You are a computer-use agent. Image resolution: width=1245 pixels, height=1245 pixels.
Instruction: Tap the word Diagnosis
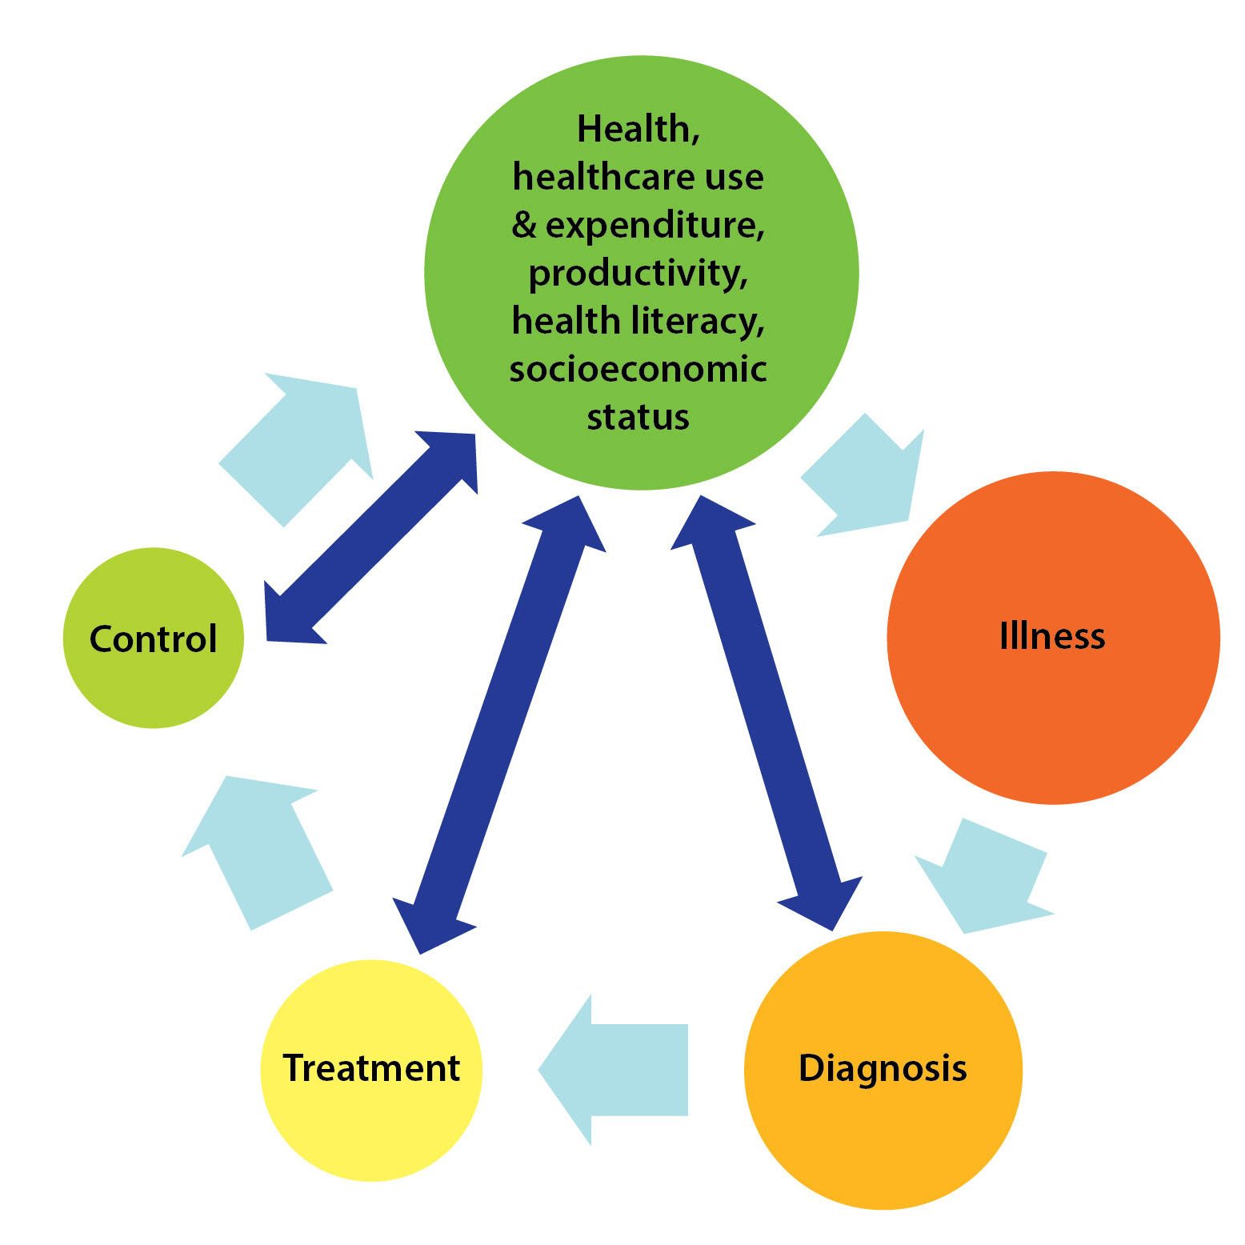[883, 1068]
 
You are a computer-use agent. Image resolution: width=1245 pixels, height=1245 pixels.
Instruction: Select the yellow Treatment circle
[371, 1120]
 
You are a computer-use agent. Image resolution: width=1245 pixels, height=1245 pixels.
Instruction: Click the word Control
[153, 639]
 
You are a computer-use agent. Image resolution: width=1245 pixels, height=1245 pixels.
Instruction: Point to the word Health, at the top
[638, 129]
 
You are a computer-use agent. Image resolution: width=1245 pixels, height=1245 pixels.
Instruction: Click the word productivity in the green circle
[638, 274]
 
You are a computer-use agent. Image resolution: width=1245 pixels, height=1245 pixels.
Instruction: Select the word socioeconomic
[638, 369]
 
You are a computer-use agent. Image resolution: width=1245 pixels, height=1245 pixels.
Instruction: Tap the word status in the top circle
[638, 417]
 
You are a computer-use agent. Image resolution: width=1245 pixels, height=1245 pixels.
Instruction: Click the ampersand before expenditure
[524, 226]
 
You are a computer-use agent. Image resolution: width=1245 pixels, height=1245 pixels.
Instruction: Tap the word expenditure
[654, 226]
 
